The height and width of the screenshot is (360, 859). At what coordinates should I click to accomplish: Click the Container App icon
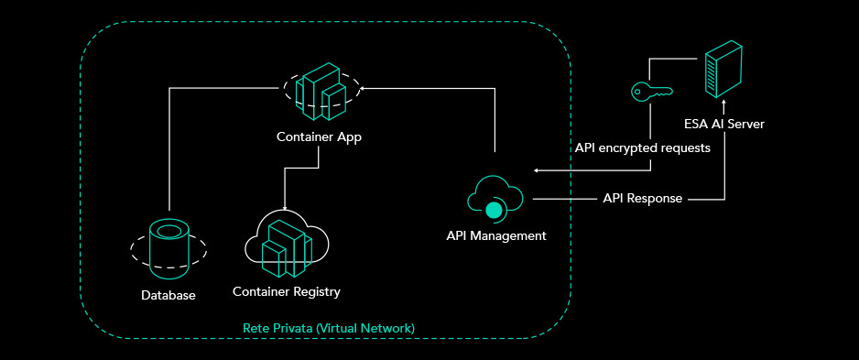click(321, 91)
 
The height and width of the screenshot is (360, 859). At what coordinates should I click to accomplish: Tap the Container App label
click(319, 137)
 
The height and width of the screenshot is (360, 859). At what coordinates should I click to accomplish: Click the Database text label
click(169, 295)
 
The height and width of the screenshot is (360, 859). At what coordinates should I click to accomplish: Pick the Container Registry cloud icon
click(287, 245)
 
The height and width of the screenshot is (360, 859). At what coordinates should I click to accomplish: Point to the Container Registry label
click(287, 291)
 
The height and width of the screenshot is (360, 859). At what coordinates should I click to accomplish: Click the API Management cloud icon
click(495, 200)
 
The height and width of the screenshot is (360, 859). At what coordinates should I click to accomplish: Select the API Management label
click(496, 235)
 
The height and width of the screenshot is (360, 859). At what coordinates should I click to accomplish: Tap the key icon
click(652, 92)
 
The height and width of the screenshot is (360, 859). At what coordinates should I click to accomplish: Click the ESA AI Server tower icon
click(723, 69)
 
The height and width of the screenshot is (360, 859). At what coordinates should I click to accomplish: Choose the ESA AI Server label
click(724, 124)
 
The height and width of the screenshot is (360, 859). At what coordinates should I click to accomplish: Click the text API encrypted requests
click(643, 148)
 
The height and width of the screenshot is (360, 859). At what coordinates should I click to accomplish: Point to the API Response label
click(643, 199)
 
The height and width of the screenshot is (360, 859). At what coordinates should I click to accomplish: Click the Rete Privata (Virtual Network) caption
click(329, 329)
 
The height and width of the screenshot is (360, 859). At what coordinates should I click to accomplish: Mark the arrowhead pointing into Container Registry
click(285, 208)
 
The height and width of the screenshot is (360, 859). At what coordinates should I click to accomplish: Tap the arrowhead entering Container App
click(364, 87)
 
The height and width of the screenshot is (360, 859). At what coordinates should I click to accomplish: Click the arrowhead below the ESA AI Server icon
click(724, 103)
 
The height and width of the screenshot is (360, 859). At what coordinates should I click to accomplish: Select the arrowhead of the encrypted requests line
click(537, 171)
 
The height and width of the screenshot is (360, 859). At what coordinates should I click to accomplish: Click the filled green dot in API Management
click(495, 210)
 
